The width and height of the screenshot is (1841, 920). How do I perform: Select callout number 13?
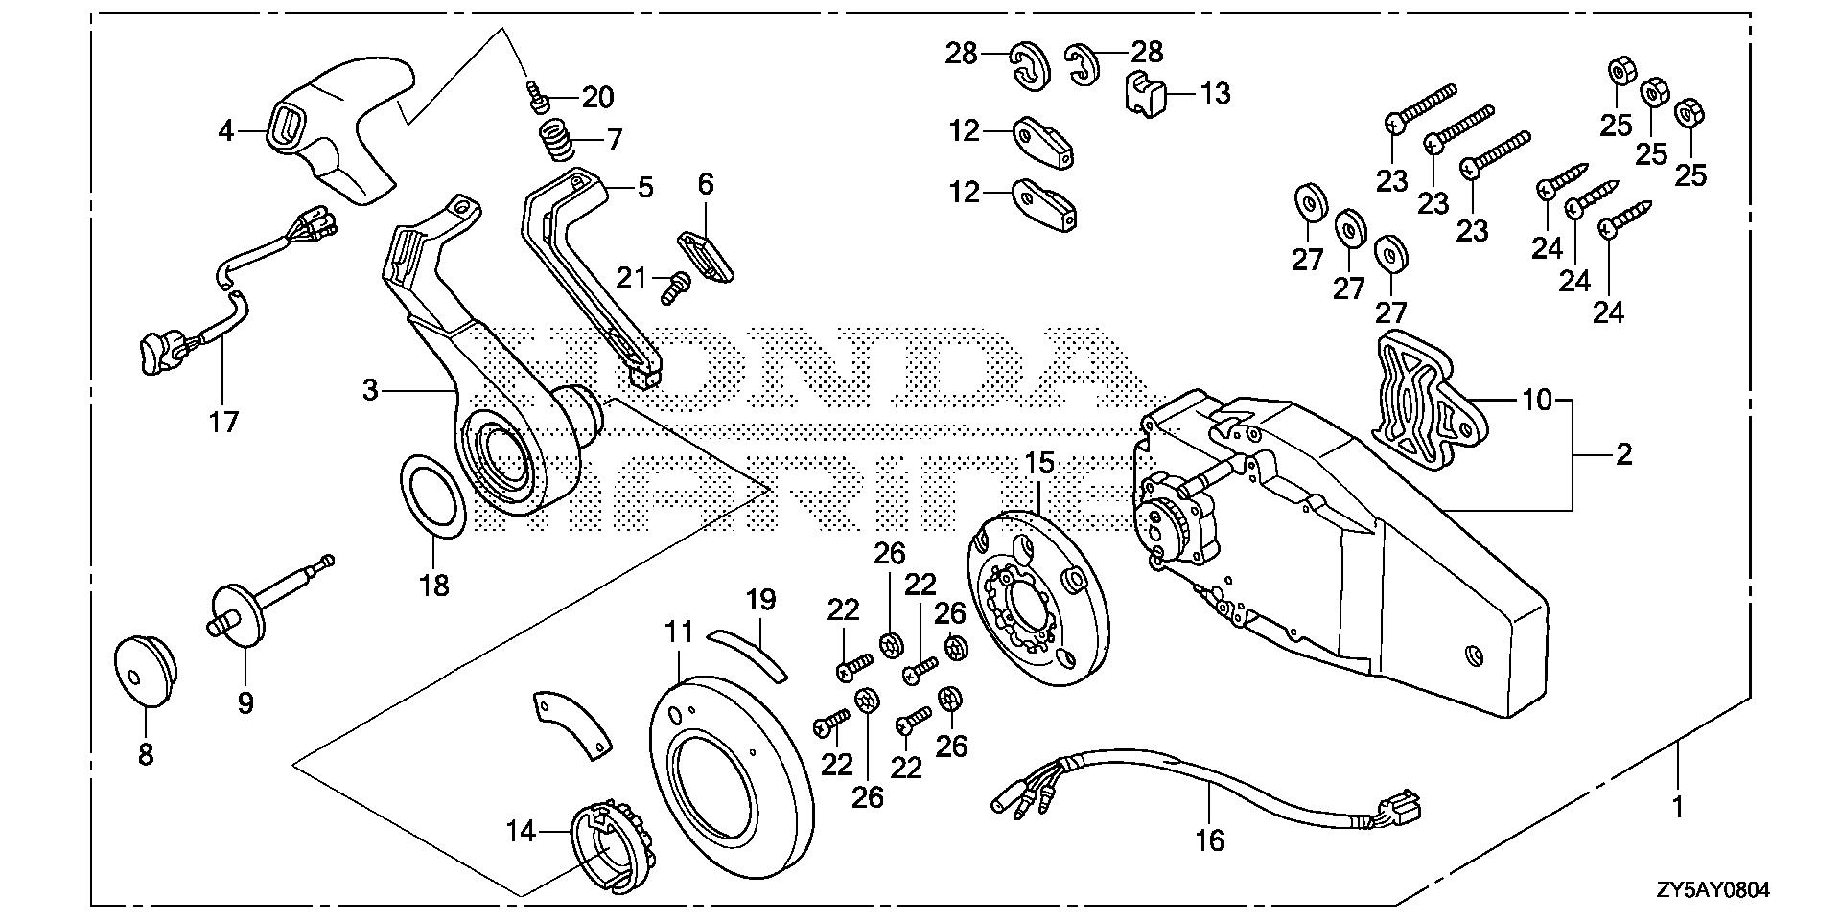pos(1215,94)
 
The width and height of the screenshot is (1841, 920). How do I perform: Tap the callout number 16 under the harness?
pos(1211,840)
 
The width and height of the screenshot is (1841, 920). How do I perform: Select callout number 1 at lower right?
pos(1676,807)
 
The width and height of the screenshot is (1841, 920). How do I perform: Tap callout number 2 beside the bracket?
pos(1623,453)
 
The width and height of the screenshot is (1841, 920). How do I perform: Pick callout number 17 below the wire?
pos(223,422)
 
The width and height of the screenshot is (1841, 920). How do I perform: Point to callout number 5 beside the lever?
pos(645,186)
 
